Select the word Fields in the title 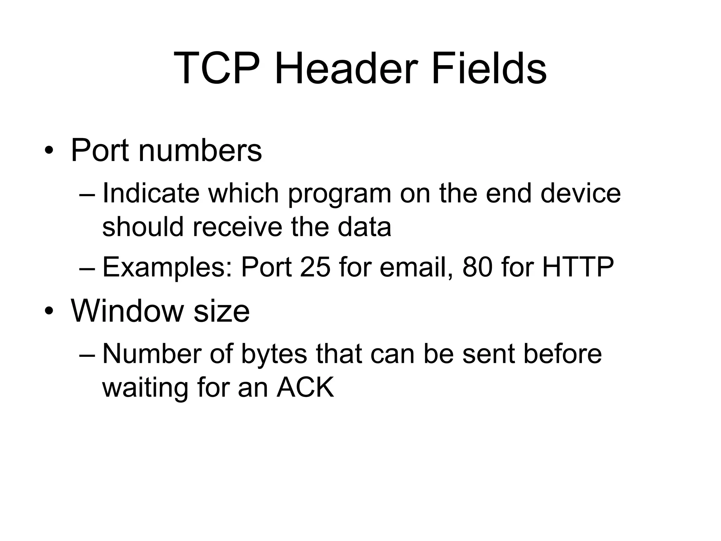(489, 68)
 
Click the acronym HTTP (578, 267)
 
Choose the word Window (127, 311)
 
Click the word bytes (274, 355)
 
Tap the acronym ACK (305, 387)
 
